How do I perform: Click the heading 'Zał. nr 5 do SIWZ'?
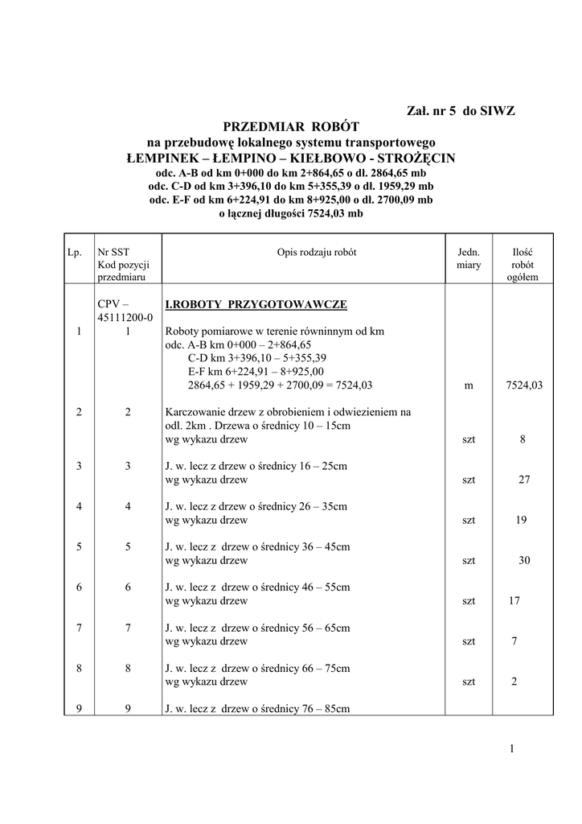click(457, 111)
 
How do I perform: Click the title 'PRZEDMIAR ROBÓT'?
click(290, 126)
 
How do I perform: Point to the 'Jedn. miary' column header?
click(469, 257)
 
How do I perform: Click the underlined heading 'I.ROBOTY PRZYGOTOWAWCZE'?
click(256, 305)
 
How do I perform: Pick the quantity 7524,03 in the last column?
click(523, 385)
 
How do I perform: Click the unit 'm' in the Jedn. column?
click(469, 385)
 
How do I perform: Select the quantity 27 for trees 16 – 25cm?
click(523, 480)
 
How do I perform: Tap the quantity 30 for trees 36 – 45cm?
click(524, 560)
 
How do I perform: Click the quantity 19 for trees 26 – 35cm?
click(521, 520)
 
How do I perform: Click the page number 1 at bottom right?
click(511, 750)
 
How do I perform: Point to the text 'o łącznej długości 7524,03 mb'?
click(291, 213)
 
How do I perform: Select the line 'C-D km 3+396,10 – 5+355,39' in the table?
click(258, 358)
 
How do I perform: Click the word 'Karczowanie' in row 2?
click(195, 412)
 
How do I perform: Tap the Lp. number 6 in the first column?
click(79, 587)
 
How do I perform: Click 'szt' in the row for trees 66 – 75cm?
click(469, 682)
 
